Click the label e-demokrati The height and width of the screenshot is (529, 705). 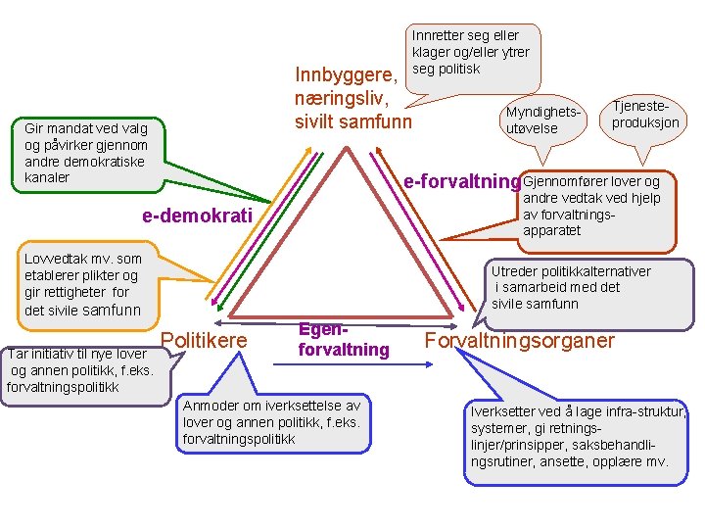tap(197, 216)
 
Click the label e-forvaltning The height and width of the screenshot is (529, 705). tap(460, 181)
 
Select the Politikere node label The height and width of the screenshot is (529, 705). tap(205, 340)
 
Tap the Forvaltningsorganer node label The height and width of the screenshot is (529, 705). tap(519, 341)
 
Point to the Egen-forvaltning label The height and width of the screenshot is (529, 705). tap(343, 340)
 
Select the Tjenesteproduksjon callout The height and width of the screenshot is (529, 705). tap(645, 115)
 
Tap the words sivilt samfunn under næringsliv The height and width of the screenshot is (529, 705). tap(353, 122)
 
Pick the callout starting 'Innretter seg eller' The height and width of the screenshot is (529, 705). tap(469, 52)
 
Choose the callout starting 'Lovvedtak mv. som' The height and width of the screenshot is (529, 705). tap(83, 284)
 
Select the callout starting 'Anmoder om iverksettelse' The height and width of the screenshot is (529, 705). tap(272, 422)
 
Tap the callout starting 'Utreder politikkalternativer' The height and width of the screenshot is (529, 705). tap(571, 287)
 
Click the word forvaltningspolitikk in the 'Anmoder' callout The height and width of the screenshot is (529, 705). tap(238, 439)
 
